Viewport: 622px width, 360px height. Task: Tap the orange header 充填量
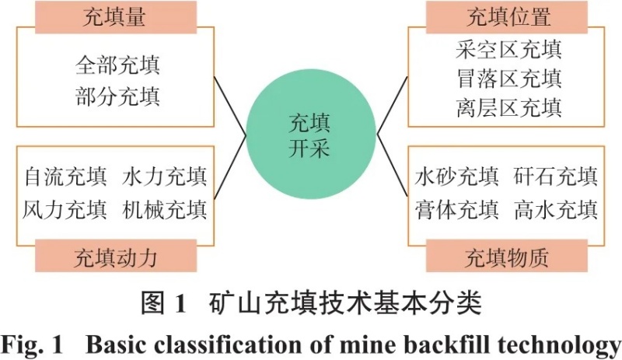pos(114,17)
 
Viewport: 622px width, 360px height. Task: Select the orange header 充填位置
pos(508,17)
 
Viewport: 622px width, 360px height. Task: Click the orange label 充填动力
pos(114,256)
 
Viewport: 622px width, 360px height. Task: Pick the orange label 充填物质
pos(507,256)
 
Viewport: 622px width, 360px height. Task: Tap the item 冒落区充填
pos(508,79)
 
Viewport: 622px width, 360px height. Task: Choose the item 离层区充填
pos(508,107)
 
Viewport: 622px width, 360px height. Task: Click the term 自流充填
pos(65,177)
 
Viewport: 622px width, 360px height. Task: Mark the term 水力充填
pos(165,177)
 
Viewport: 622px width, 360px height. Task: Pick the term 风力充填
pos(65,210)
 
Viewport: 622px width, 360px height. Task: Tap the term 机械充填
pos(165,210)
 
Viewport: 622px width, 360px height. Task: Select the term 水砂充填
pos(457,177)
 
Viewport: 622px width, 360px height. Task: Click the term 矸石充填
pos(556,177)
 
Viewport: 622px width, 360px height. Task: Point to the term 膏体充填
pos(457,210)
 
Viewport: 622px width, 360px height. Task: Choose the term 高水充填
pos(556,210)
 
